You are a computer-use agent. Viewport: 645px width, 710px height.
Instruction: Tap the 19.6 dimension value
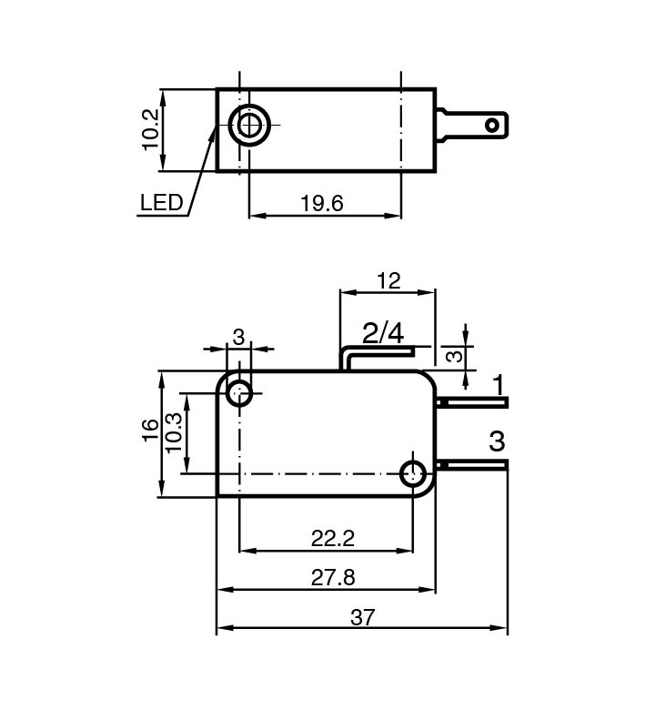322,203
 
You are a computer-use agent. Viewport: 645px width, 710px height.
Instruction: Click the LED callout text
161,202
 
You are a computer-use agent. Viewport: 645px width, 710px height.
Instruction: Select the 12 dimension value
388,280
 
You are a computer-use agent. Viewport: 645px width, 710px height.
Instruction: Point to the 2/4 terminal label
383,332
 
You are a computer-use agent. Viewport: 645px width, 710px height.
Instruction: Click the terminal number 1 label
499,384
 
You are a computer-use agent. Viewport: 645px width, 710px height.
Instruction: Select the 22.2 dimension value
332,538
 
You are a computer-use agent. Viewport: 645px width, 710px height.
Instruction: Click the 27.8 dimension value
332,577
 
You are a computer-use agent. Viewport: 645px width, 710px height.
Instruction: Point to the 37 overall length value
362,617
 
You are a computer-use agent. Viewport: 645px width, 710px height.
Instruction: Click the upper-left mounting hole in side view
240,394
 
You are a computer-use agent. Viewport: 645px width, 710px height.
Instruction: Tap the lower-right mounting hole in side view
414,472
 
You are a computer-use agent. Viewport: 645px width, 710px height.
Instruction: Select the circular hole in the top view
248,125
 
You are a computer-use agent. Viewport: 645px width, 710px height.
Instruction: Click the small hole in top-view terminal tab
494,124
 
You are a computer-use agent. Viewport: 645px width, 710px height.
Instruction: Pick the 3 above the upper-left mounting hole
238,337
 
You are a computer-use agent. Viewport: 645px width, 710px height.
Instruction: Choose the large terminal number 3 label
497,442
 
